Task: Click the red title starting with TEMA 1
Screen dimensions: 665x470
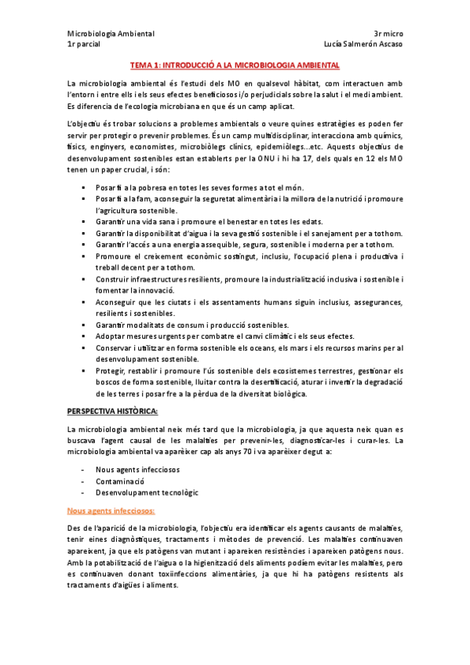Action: (235, 67)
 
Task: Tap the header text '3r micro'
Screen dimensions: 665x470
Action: (388, 34)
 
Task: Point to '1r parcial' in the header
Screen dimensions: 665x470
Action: (83, 44)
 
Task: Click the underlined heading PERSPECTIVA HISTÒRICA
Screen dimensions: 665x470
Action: (113, 411)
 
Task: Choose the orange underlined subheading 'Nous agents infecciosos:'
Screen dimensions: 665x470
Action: (111, 511)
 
